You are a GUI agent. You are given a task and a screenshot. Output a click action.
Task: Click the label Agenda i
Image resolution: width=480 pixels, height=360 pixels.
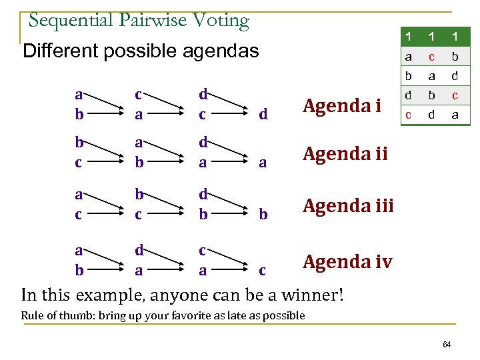point(341,105)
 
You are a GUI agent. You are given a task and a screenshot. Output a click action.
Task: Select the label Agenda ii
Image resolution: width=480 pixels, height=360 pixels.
point(345,154)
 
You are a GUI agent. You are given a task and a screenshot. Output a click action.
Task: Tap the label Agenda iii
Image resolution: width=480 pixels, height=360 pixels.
point(348,205)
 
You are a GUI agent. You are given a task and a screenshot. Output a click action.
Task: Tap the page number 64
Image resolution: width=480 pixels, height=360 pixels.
point(447,344)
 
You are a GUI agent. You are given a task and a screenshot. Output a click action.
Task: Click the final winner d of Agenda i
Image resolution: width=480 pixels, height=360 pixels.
point(263,115)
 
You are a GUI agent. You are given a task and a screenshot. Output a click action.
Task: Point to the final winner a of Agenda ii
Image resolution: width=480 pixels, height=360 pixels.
point(263,163)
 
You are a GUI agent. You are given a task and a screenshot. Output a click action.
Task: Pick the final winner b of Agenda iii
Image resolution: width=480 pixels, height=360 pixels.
point(263,215)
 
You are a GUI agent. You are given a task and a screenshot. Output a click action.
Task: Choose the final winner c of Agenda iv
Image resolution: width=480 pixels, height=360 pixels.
point(263,270)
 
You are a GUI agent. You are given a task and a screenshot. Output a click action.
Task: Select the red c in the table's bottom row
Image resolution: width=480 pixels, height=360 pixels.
point(408,115)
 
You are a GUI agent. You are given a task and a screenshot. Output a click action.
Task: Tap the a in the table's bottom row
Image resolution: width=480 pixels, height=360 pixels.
point(455,115)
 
